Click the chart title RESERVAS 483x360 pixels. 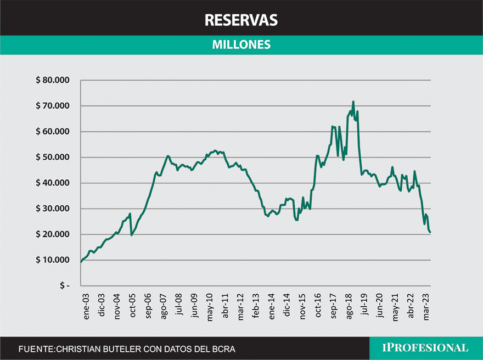[241, 20]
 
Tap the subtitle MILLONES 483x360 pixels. [241, 45]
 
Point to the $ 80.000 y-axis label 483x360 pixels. [53, 80]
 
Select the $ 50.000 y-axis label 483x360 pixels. [53, 157]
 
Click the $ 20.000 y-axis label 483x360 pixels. [53, 234]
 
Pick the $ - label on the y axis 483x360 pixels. [65, 286]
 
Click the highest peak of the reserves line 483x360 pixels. [353, 102]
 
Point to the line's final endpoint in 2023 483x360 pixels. [430, 232]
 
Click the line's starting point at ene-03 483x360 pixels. [81, 262]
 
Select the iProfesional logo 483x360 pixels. [426, 348]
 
